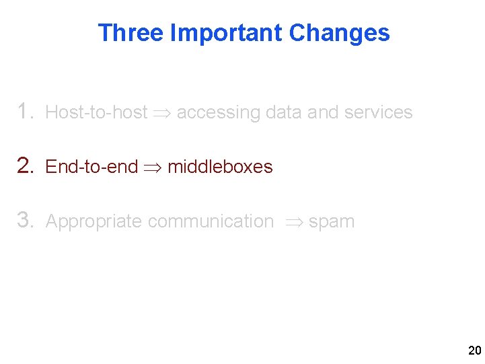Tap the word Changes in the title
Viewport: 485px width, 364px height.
coord(339,32)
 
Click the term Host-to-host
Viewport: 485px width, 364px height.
coord(96,112)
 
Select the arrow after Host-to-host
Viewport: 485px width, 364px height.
coord(161,113)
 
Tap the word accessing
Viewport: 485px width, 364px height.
coord(218,112)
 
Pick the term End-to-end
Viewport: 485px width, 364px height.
coord(91,167)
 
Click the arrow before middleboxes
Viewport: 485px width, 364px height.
coord(153,168)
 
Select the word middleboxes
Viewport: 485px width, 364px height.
coord(220,167)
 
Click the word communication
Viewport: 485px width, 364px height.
coord(211,221)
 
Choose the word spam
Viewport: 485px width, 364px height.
coord(332,222)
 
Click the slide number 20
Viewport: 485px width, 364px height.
coord(474,351)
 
